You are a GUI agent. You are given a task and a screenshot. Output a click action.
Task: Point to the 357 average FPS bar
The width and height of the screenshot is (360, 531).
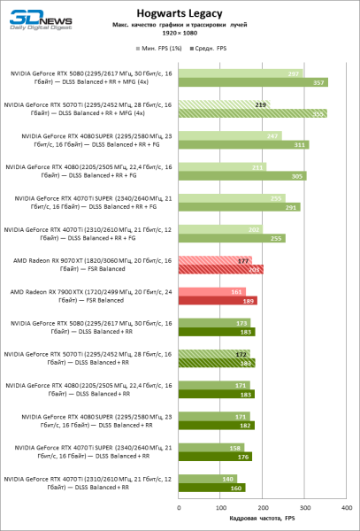(253, 82)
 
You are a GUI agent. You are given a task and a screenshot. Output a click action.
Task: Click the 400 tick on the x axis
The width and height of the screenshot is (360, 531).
(349, 508)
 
